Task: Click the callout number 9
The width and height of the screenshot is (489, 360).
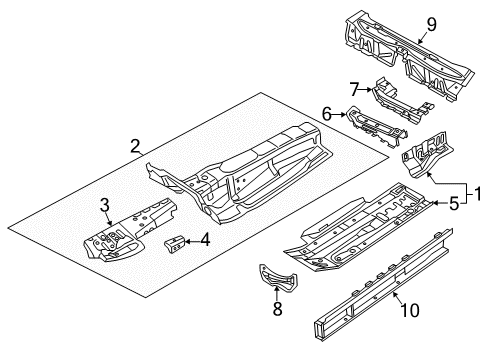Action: [431, 25]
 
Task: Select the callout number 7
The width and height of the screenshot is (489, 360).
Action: [354, 89]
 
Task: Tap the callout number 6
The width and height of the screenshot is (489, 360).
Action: [327, 114]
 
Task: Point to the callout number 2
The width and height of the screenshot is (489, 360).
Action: [135, 146]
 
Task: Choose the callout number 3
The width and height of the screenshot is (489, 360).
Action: [105, 205]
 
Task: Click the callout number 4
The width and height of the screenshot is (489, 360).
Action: [205, 240]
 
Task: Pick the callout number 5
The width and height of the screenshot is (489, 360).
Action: [454, 204]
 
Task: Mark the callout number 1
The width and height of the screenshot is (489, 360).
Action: [478, 194]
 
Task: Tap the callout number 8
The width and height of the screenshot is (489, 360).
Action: [277, 309]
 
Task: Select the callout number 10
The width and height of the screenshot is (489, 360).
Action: [410, 310]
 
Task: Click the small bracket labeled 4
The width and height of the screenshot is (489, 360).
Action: [174, 243]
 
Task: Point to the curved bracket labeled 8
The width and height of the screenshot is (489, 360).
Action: [277, 277]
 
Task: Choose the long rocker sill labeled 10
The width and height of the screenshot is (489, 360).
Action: [383, 284]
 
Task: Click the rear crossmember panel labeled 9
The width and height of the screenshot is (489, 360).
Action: [409, 56]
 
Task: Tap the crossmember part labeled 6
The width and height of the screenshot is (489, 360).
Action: [377, 126]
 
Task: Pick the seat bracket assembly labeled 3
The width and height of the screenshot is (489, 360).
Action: [130, 230]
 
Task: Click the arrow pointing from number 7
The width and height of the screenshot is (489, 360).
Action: [366, 89]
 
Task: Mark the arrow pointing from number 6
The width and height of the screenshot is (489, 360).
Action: [339, 115]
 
